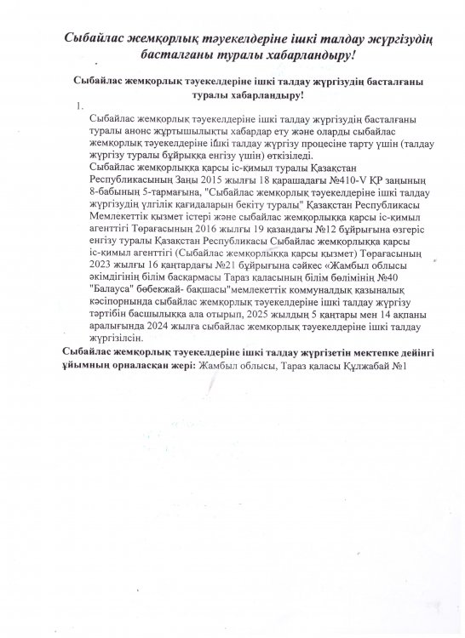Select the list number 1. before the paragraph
(78, 106)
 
